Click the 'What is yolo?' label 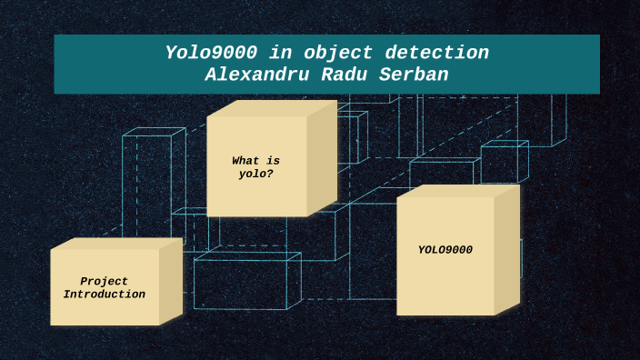coord(255,167)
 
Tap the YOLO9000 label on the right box coord(445,250)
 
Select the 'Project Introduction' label coord(104,288)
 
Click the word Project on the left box coord(104,282)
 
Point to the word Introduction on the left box coord(104,295)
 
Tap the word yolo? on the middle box coord(255,174)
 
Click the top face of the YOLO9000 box coord(458,190)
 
